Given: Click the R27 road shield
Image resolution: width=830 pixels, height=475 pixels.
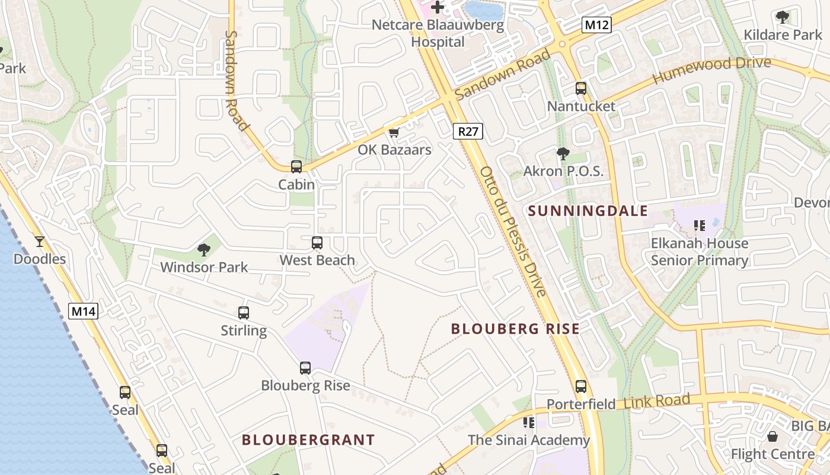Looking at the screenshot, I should point(468,131).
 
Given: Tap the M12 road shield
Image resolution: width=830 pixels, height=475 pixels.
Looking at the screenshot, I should point(596,24).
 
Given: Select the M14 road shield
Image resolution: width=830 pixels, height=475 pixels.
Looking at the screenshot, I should point(82,311).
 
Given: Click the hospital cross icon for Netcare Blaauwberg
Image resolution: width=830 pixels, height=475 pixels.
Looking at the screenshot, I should point(438,7).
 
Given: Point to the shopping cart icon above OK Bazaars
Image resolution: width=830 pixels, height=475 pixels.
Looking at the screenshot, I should point(394,132).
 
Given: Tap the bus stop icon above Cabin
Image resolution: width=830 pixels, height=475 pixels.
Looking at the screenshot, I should point(296,167).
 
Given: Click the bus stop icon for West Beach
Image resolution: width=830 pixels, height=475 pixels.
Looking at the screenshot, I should point(317,242).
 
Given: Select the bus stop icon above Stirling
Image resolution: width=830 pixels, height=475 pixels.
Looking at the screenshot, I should point(244,313).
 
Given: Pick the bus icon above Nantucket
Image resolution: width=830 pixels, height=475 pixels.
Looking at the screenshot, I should point(581,88).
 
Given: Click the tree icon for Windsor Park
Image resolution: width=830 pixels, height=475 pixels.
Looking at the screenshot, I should point(204,249).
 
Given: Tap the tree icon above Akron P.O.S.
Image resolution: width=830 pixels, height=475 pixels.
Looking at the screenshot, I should point(563,154).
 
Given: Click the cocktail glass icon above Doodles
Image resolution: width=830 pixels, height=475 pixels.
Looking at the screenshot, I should point(40,241).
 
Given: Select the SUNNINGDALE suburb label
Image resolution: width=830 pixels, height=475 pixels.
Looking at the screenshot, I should point(588,211).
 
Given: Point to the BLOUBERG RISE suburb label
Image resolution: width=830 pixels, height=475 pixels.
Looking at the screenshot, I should point(515,329).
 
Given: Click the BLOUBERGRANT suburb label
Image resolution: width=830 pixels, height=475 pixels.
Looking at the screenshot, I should point(308,440).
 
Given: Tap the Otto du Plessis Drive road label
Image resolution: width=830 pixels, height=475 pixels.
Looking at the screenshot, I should point(512,232).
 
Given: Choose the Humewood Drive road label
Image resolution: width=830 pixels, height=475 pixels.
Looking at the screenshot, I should point(711,71).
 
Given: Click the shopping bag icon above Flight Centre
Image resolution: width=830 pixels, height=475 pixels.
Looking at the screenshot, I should point(772,436).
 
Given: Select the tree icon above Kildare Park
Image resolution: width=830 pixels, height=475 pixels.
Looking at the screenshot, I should point(783,17).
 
